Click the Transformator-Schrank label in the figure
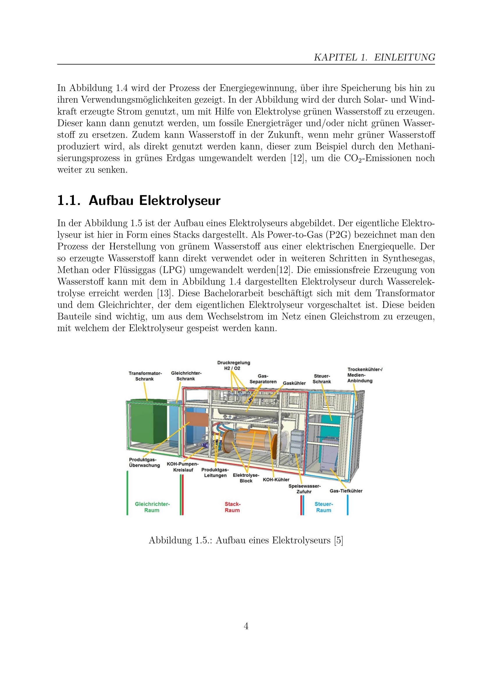[145, 376]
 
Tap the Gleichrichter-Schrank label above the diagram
[186, 376]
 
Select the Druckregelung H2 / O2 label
[234, 365]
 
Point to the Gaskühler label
[294, 383]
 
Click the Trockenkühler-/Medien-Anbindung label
[365, 375]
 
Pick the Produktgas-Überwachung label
[144, 462]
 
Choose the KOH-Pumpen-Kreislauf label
[183, 467]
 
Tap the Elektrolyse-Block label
[246, 478]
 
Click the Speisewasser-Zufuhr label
[304, 489]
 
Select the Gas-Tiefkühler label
[346, 491]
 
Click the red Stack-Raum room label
[232, 507]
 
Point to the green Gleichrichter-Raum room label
[152, 507]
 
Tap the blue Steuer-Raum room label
[323, 507]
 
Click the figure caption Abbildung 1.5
[246, 540]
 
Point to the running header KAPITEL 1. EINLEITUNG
[374, 57]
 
